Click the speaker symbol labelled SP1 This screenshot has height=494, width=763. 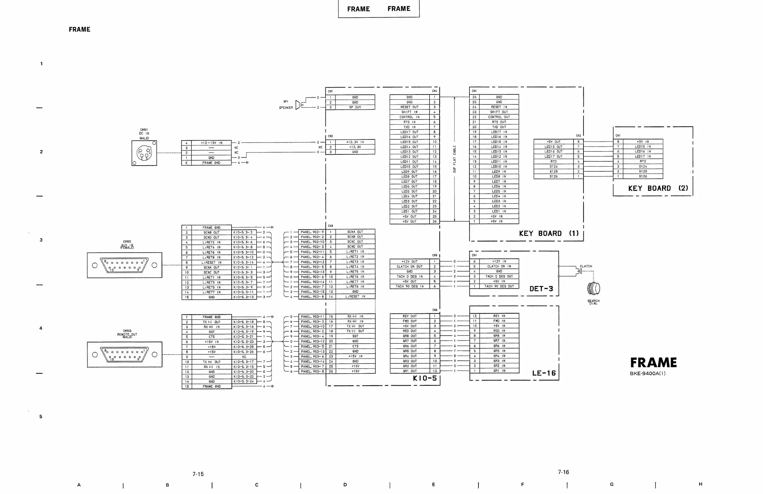[x=298, y=104]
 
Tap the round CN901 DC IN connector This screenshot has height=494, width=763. [x=144, y=153]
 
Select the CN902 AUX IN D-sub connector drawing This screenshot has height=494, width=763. [x=124, y=265]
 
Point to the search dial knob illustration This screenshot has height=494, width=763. [x=593, y=288]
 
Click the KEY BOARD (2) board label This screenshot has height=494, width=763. [x=658, y=188]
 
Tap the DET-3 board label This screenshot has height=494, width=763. [x=541, y=289]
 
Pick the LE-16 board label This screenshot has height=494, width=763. [x=544, y=373]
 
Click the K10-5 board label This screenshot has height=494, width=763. [x=425, y=378]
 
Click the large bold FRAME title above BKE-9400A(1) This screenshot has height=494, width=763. [x=653, y=362]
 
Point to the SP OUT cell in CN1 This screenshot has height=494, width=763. [x=355, y=108]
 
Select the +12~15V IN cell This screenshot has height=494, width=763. [x=211, y=143]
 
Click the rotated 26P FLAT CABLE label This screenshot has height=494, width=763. [x=454, y=159]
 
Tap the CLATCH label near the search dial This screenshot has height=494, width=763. [x=586, y=266]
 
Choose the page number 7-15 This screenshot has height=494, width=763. [x=198, y=474]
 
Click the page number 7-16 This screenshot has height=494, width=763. [x=563, y=472]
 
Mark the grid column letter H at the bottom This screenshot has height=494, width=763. [x=700, y=484]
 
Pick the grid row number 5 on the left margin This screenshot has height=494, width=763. [x=41, y=416]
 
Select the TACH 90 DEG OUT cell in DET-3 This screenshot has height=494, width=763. [x=499, y=286]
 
